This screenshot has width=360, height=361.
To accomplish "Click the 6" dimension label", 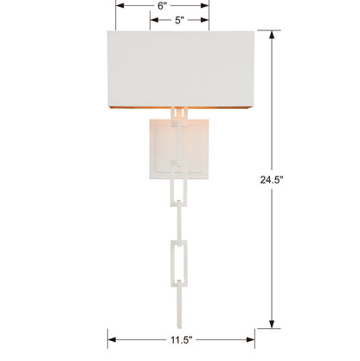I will (x=163, y=5).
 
